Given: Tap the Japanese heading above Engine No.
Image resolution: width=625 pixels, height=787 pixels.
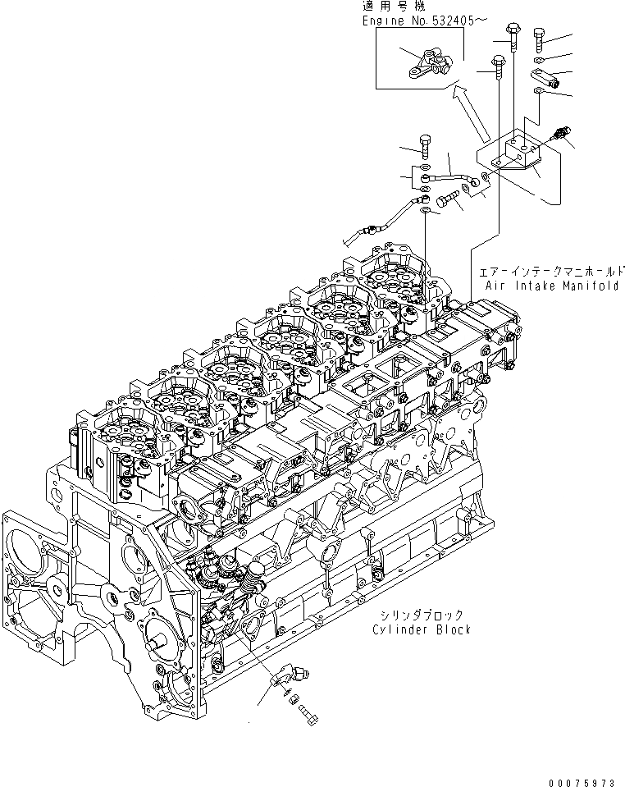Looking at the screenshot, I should coord(386,7).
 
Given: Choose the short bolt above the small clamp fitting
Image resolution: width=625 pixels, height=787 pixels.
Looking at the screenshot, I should coord(539,39).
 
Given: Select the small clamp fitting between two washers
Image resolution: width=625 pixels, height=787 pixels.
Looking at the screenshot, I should coord(542,79).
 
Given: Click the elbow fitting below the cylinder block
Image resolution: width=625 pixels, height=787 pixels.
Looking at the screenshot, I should coord(282,679).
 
